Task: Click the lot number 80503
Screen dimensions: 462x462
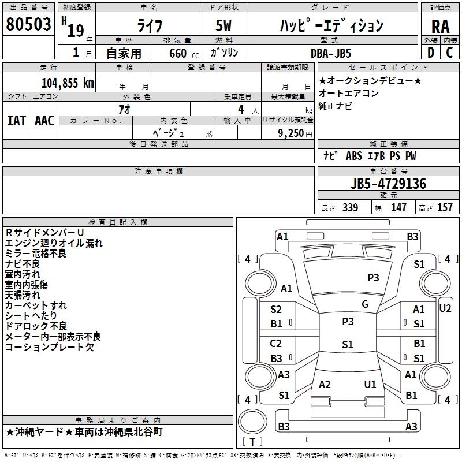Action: tap(28, 24)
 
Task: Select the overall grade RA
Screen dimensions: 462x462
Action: tap(441, 27)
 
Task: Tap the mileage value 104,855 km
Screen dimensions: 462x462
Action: tap(68, 83)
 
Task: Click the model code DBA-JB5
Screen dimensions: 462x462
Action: tap(330, 53)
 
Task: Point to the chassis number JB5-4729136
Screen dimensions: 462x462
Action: tap(388, 183)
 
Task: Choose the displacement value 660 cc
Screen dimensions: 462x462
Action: tap(184, 53)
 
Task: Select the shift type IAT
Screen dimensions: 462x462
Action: tap(16, 121)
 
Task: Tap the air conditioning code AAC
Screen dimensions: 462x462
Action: tap(44, 121)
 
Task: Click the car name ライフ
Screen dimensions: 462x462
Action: tap(150, 26)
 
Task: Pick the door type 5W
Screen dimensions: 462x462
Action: tap(223, 25)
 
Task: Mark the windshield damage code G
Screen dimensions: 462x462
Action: tap(365, 304)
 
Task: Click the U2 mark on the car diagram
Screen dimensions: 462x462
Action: tap(445, 308)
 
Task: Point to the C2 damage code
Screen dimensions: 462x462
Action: tap(276, 343)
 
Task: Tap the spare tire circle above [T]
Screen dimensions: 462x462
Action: tap(252, 421)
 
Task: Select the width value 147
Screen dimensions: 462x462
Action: tap(398, 207)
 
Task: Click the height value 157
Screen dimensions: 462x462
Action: tap(445, 207)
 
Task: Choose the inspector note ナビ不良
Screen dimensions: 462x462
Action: tap(23, 264)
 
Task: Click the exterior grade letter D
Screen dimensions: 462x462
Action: tap(431, 53)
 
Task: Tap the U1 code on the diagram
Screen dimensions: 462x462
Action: tap(370, 384)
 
